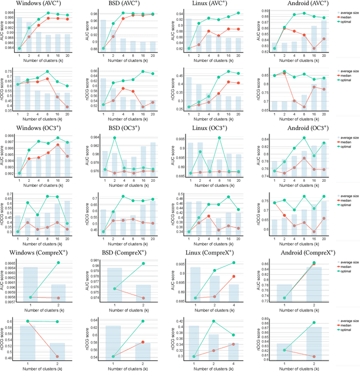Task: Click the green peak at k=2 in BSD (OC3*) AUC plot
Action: point(115,138)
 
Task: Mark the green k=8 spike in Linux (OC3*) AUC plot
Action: point(218,138)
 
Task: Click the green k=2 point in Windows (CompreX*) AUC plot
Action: point(58,262)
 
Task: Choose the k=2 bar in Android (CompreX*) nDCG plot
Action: point(313,343)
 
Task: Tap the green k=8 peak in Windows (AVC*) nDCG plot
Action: point(47,71)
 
